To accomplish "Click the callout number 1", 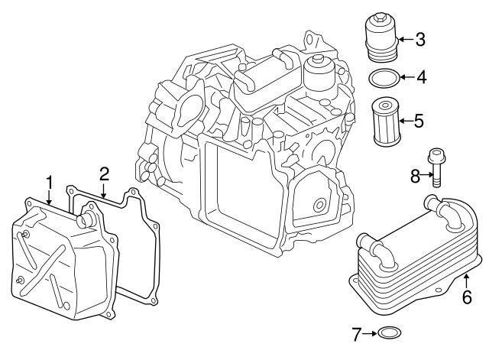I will pos(49,183).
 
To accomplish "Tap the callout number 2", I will pos(104,174).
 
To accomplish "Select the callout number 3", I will pos(419,40).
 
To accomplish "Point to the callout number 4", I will pos(419,77).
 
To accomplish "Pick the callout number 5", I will pos(419,120).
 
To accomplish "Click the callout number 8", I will pos(416,177).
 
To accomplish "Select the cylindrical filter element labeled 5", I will pos(383,120).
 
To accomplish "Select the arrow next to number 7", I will pos(370,333).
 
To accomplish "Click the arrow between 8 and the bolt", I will pos(426,177).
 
